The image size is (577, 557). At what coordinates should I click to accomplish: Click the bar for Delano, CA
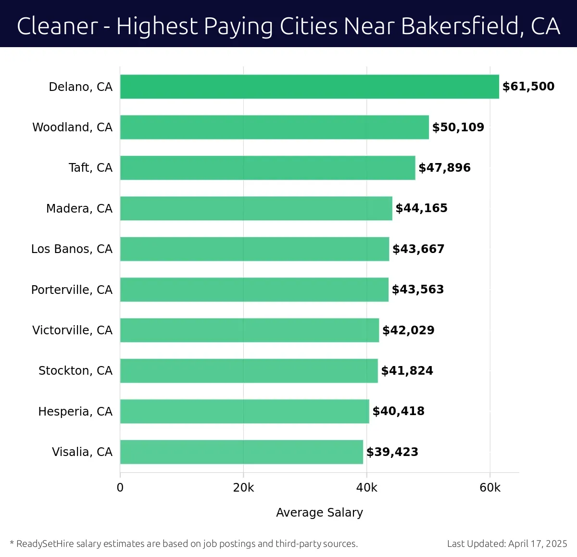[x=309, y=87]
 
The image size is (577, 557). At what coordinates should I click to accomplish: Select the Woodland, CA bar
[x=274, y=127]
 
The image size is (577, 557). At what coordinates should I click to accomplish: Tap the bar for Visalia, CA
[x=241, y=452]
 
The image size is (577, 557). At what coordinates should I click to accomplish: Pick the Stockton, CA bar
[x=249, y=370]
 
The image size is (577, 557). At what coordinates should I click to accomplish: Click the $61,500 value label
[x=528, y=87]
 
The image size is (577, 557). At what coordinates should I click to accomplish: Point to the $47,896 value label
[x=444, y=168]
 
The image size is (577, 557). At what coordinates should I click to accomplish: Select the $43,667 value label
[x=418, y=249]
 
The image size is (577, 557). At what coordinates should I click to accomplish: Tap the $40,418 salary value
[x=398, y=411]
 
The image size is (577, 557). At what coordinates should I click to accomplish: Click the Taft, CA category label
[x=90, y=168]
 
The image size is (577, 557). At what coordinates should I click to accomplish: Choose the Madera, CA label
[x=79, y=208]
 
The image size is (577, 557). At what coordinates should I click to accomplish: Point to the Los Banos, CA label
[x=72, y=249]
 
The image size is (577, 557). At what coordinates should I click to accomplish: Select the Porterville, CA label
[x=72, y=290]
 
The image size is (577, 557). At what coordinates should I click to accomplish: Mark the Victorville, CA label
[x=72, y=330]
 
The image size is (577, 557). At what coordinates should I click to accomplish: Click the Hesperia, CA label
[x=75, y=411]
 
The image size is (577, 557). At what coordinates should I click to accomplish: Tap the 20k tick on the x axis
[x=243, y=488]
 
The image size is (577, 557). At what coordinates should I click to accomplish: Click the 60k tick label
[x=490, y=488]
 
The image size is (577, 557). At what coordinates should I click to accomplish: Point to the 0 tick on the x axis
[x=120, y=488]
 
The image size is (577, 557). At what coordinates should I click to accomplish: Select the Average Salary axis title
[x=319, y=513]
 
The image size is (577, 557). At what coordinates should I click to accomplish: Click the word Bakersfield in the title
[x=460, y=26]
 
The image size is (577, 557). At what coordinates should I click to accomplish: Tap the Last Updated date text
[x=507, y=544]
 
